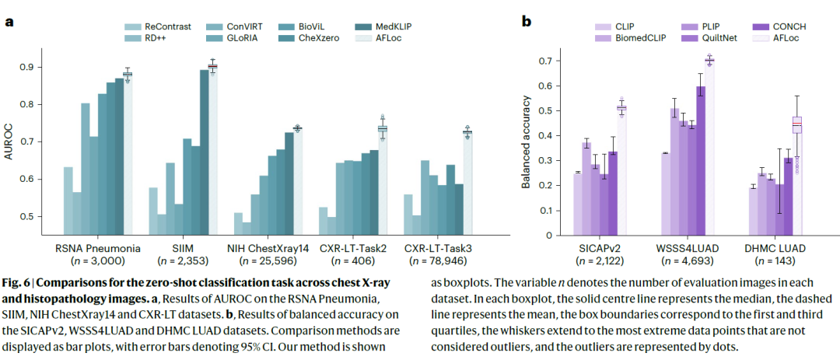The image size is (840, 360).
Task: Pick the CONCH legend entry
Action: click(779, 25)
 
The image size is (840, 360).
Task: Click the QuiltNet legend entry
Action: click(709, 37)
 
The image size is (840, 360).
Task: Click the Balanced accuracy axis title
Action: click(527, 142)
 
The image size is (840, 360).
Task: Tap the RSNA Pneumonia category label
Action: click(96, 247)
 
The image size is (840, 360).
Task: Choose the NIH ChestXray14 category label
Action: click(269, 247)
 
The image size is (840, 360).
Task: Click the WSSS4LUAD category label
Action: click(686, 247)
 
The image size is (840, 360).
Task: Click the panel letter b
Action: click(527, 21)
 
